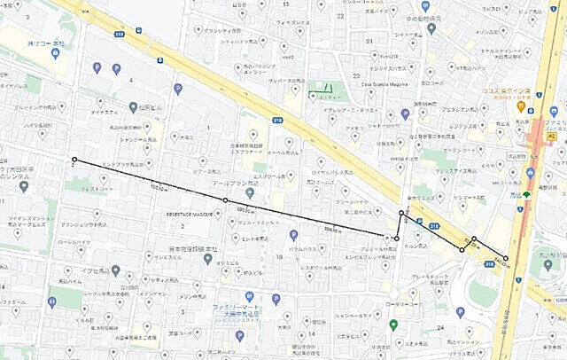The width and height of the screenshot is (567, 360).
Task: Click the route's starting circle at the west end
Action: pyautogui.click(x=74, y=160)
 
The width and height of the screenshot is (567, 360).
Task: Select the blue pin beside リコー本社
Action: pyautogui.click(x=55, y=53)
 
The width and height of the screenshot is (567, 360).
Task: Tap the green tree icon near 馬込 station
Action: pyautogui.click(x=526, y=193)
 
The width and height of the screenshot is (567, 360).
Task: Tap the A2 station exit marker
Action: pyautogui.click(x=551, y=137)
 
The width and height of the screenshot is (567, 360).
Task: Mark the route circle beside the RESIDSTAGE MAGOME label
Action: pyautogui.click(x=225, y=200)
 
